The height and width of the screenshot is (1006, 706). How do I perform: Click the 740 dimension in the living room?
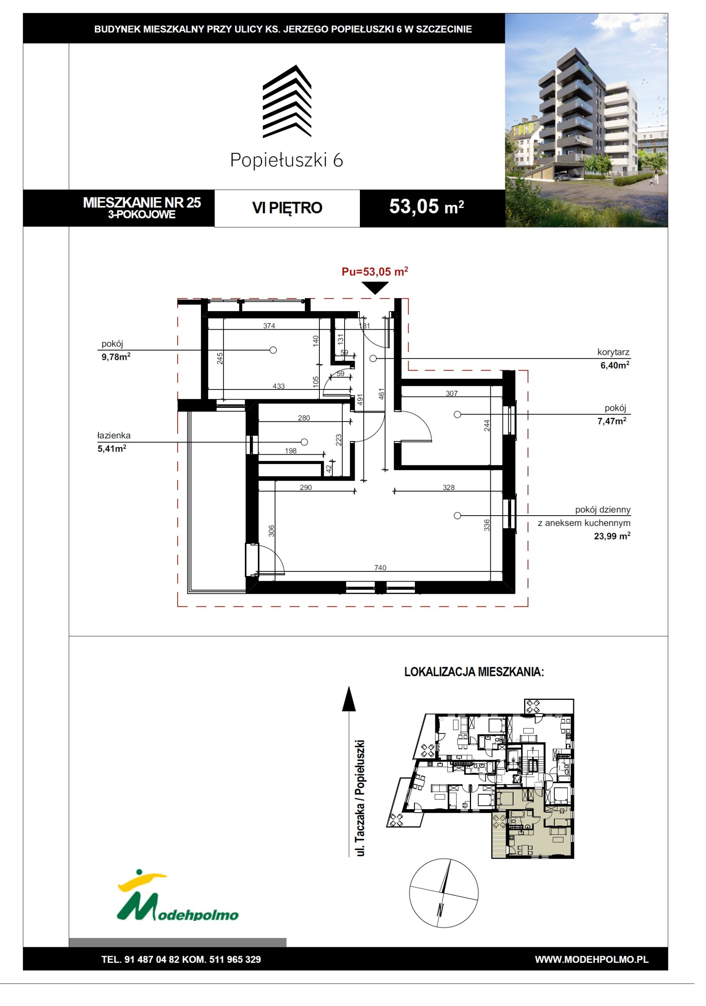(x=380, y=567)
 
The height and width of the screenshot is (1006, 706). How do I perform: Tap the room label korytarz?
(x=613, y=352)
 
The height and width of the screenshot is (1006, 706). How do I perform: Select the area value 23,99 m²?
(x=612, y=536)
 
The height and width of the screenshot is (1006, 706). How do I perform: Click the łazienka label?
(x=114, y=435)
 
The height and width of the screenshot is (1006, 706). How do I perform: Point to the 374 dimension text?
(x=269, y=325)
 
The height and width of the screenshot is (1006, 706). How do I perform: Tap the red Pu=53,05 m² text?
(x=375, y=272)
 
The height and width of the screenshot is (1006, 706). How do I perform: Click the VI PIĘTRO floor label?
(x=287, y=208)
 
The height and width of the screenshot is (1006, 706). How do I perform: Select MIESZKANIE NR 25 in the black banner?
(x=142, y=202)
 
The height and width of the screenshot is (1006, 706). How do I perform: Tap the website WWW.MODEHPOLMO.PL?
(x=592, y=960)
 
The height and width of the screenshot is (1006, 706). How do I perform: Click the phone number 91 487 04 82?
(x=152, y=960)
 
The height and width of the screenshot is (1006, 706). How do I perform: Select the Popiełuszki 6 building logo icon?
(x=287, y=101)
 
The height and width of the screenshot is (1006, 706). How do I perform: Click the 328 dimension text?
(x=449, y=487)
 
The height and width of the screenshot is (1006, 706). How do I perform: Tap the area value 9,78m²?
(x=116, y=357)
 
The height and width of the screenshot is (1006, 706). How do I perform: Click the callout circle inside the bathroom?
(x=304, y=442)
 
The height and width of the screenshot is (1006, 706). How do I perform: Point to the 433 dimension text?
(x=279, y=386)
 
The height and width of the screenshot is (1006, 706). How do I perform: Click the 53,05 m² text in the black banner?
(x=427, y=206)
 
